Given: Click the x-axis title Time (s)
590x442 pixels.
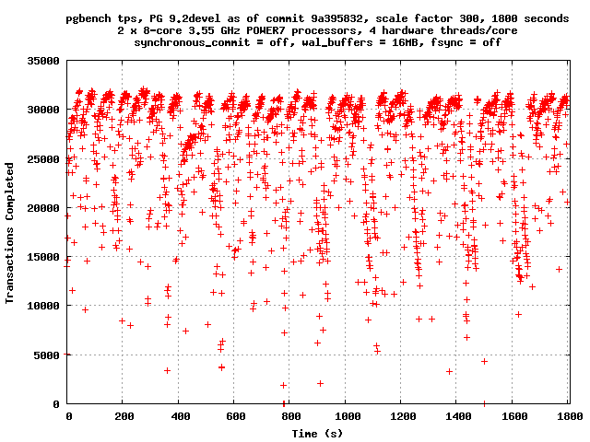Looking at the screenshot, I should [x=318, y=433].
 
